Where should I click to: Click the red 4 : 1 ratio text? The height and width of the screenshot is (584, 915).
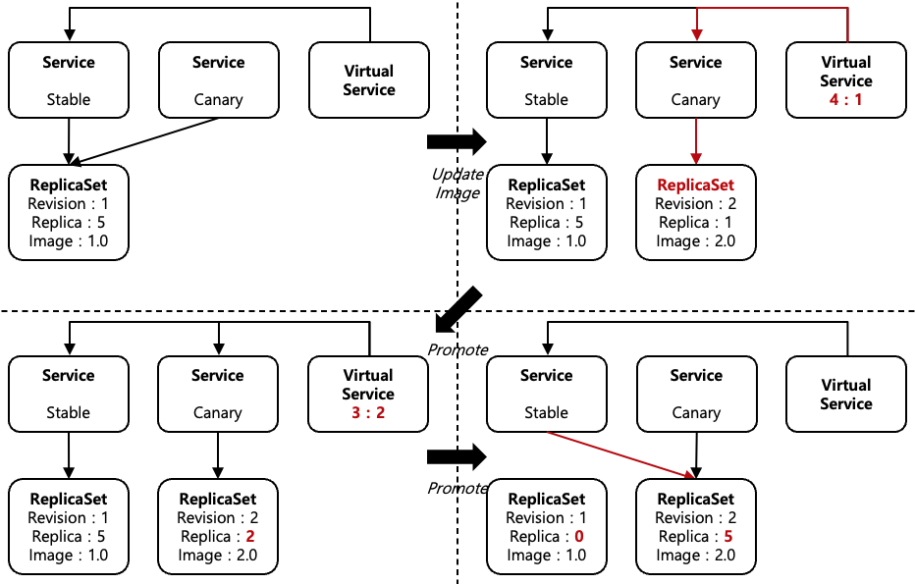pyautogui.click(x=845, y=99)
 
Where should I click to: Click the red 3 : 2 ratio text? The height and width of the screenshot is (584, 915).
pyautogui.click(x=368, y=412)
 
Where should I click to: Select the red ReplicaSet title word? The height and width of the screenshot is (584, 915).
pyautogui.click(x=695, y=185)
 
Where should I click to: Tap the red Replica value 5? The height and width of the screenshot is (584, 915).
pyautogui.click(x=727, y=537)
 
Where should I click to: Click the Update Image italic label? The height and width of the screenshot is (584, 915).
pyautogui.click(x=457, y=184)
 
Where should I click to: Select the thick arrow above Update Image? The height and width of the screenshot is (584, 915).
pyautogui.click(x=457, y=142)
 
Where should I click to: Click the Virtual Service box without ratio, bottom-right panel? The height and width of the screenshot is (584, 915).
pyautogui.click(x=845, y=394)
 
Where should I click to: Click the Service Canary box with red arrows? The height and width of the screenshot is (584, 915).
pyautogui.click(x=696, y=80)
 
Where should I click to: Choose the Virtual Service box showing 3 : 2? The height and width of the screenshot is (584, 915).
pyautogui.click(x=368, y=394)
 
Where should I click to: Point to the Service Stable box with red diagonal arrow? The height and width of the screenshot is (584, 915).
pyautogui.click(x=547, y=394)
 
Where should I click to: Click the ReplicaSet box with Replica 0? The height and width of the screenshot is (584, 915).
pyautogui.click(x=547, y=526)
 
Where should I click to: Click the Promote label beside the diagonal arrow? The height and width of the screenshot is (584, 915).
pyautogui.click(x=457, y=349)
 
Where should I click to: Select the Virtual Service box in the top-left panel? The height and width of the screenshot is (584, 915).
pyautogui.click(x=369, y=80)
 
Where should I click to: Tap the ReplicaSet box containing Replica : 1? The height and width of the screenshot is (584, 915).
pyautogui.click(x=696, y=213)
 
